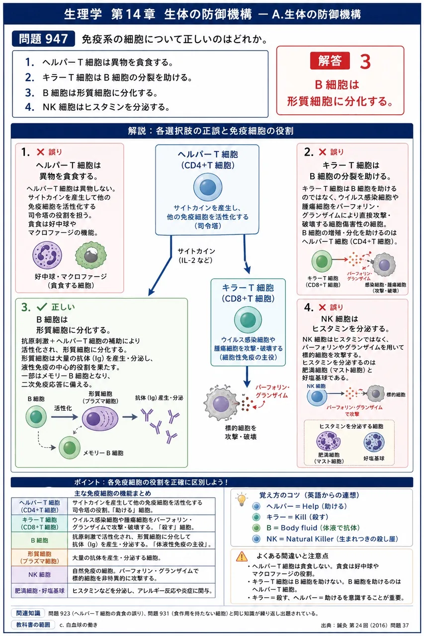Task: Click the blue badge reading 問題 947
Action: coord(43,39)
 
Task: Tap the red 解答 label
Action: coord(330,61)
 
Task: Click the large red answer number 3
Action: coord(365,61)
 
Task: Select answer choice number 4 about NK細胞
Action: coord(98,107)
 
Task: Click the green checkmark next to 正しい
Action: coord(42,307)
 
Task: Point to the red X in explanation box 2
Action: coord(322,152)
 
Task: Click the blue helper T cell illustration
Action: coord(208,187)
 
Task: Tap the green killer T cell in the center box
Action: coord(248,319)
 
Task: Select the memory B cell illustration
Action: coord(69,448)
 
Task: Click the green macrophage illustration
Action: coord(91,255)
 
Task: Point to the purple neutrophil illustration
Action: coord(47,255)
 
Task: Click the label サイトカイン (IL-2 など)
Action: coord(196,255)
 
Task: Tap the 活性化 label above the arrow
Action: coord(63,408)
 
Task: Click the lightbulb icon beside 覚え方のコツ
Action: coord(242,499)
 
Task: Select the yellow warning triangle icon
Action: coord(242,557)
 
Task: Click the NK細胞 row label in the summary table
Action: coord(39,574)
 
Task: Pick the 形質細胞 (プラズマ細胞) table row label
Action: coord(39,557)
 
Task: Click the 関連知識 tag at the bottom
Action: coord(28,613)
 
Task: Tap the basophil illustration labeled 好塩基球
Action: coord(374,442)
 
